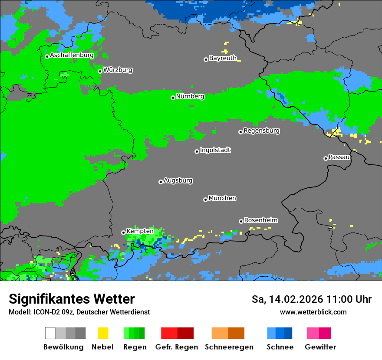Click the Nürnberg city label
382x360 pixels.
click(x=190, y=97)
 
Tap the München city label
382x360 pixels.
click(x=222, y=198)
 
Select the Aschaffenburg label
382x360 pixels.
click(x=72, y=56)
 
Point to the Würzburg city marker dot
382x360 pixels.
click(x=100, y=71)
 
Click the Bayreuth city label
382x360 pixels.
click(x=223, y=58)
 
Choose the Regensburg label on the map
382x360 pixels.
click(x=261, y=131)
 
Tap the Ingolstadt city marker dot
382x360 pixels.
click(x=197, y=151)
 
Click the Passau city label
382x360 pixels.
click(x=339, y=157)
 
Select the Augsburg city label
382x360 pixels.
click(x=178, y=180)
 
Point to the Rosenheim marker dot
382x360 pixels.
click(x=241, y=221)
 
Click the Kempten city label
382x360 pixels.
click(x=140, y=231)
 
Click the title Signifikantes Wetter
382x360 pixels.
click(x=72, y=299)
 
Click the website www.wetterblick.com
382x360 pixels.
click(x=313, y=312)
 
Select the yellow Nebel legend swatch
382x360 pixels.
click(x=103, y=333)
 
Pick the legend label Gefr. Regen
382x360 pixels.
click(x=176, y=347)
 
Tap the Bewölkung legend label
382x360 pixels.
click(x=63, y=347)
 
